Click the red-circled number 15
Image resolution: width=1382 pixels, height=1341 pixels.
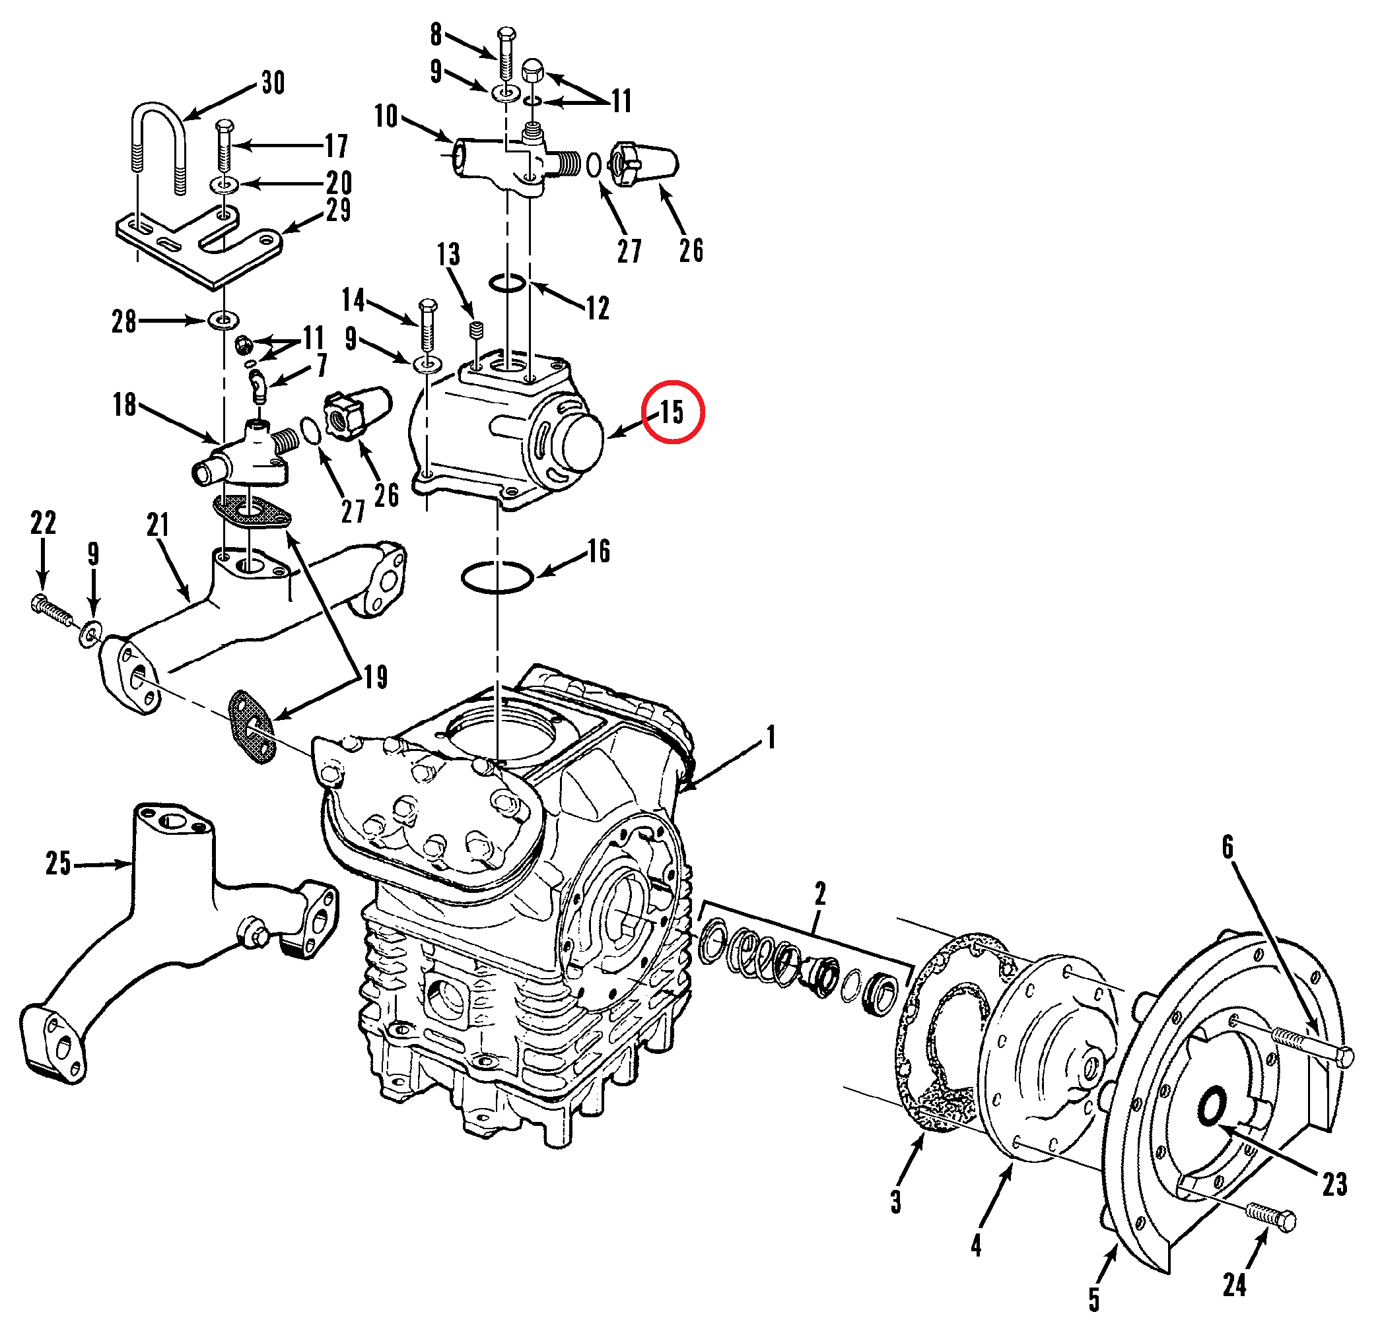[672, 412]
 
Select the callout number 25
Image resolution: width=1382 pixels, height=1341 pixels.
[59, 864]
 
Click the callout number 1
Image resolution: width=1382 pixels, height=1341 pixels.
[771, 737]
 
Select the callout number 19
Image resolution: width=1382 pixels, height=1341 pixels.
[376, 677]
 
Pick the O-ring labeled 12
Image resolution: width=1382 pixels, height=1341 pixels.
[507, 283]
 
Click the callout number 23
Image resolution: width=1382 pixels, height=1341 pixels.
[1334, 1185]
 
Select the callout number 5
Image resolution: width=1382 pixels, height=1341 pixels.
[1093, 1299]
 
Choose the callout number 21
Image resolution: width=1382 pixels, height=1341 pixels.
[158, 525]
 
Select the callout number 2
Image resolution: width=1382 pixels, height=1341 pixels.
[820, 894]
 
